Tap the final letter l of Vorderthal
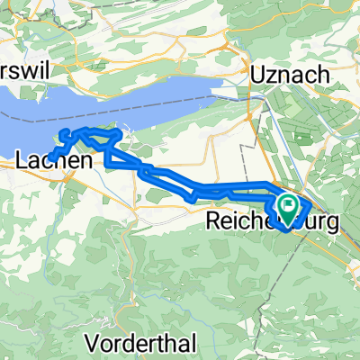(x=193, y=342)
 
